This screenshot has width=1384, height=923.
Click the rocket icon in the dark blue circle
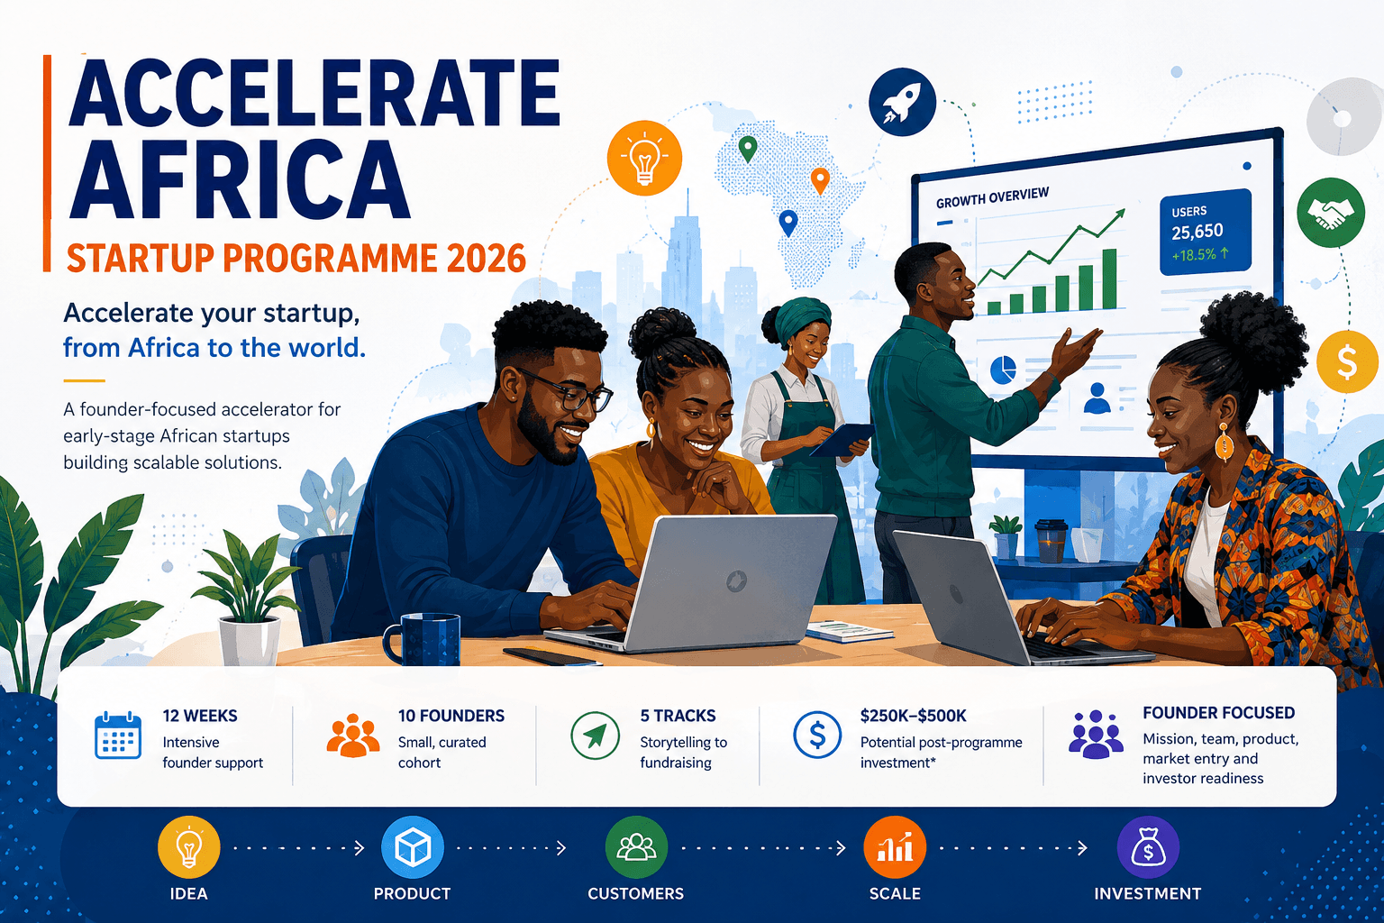point(902,102)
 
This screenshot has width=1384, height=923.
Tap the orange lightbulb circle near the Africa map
point(644,159)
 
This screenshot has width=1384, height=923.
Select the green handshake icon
point(1330,213)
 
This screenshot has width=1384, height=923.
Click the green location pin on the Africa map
point(748,150)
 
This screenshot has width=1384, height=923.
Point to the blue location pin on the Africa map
point(788,224)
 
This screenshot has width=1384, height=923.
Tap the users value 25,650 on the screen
point(1197,232)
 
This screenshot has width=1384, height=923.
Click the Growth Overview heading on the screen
point(992,197)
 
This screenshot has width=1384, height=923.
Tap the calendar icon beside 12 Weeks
point(118,735)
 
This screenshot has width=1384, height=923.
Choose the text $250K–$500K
point(913,716)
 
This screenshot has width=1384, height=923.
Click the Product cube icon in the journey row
point(412,847)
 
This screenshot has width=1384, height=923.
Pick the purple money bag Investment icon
point(1148,847)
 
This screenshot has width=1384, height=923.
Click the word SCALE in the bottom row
point(895,894)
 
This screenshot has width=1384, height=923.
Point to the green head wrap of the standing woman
point(801,318)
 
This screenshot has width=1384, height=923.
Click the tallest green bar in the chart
point(1109,279)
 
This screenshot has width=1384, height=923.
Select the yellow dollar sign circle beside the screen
point(1347,361)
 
